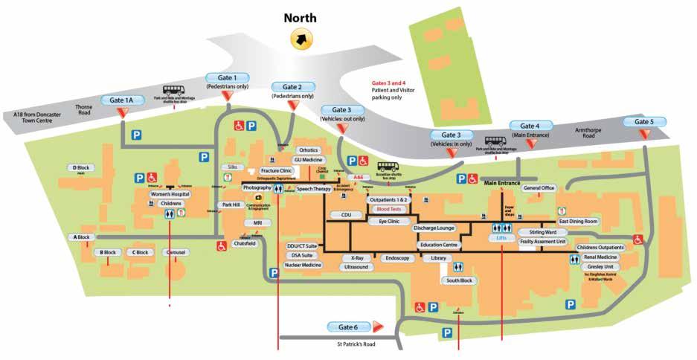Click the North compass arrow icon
[303, 38]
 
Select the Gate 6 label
[348, 327]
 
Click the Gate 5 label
[644, 122]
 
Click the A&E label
[358, 178]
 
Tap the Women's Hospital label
[170, 194]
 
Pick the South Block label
[460, 280]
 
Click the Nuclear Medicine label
[303, 265]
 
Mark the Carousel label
[176, 252]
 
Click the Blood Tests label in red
[389, 210]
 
